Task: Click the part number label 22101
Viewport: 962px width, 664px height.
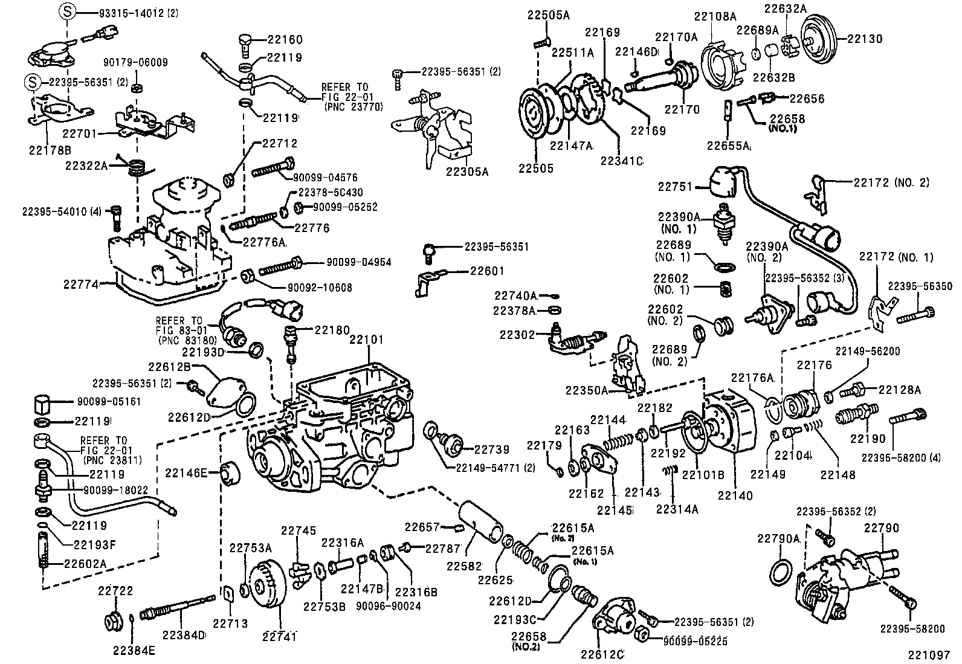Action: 366,340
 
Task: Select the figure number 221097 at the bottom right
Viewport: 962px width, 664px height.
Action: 929,654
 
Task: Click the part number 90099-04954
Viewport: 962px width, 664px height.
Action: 358,262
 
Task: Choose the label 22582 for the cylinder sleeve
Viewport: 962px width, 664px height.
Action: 464,566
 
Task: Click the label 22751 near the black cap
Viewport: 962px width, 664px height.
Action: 675,187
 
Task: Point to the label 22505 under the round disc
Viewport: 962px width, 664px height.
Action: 535,169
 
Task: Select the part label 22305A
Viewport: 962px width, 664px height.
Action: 466,171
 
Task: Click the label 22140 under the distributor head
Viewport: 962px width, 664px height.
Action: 735,495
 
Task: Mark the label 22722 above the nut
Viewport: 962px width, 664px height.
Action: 115,591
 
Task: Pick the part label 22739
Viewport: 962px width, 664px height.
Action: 491,450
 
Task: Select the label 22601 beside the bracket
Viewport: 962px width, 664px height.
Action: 486,271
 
